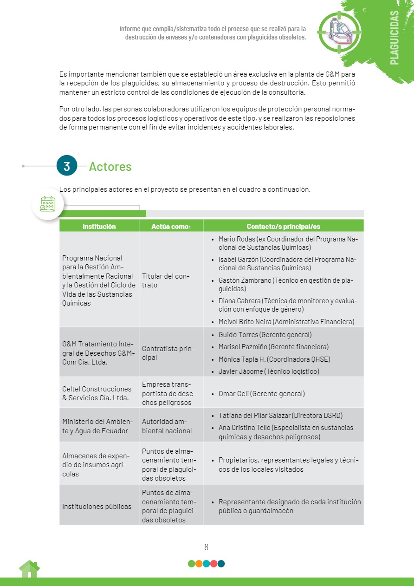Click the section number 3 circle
point(67,166)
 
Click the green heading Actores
point(110,166)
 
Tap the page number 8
point(207,547)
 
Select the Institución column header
point(99,227)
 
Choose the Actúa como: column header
point(171,227)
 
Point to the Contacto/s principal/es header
point(283,227)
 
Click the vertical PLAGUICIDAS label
point(395,38)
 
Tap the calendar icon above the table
point(48,204)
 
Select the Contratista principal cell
point(168,353)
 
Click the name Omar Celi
point(233,394)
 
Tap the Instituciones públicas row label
point(97,506)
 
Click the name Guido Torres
point(238,334)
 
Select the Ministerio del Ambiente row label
point(97,426)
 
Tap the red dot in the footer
point(213,564)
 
